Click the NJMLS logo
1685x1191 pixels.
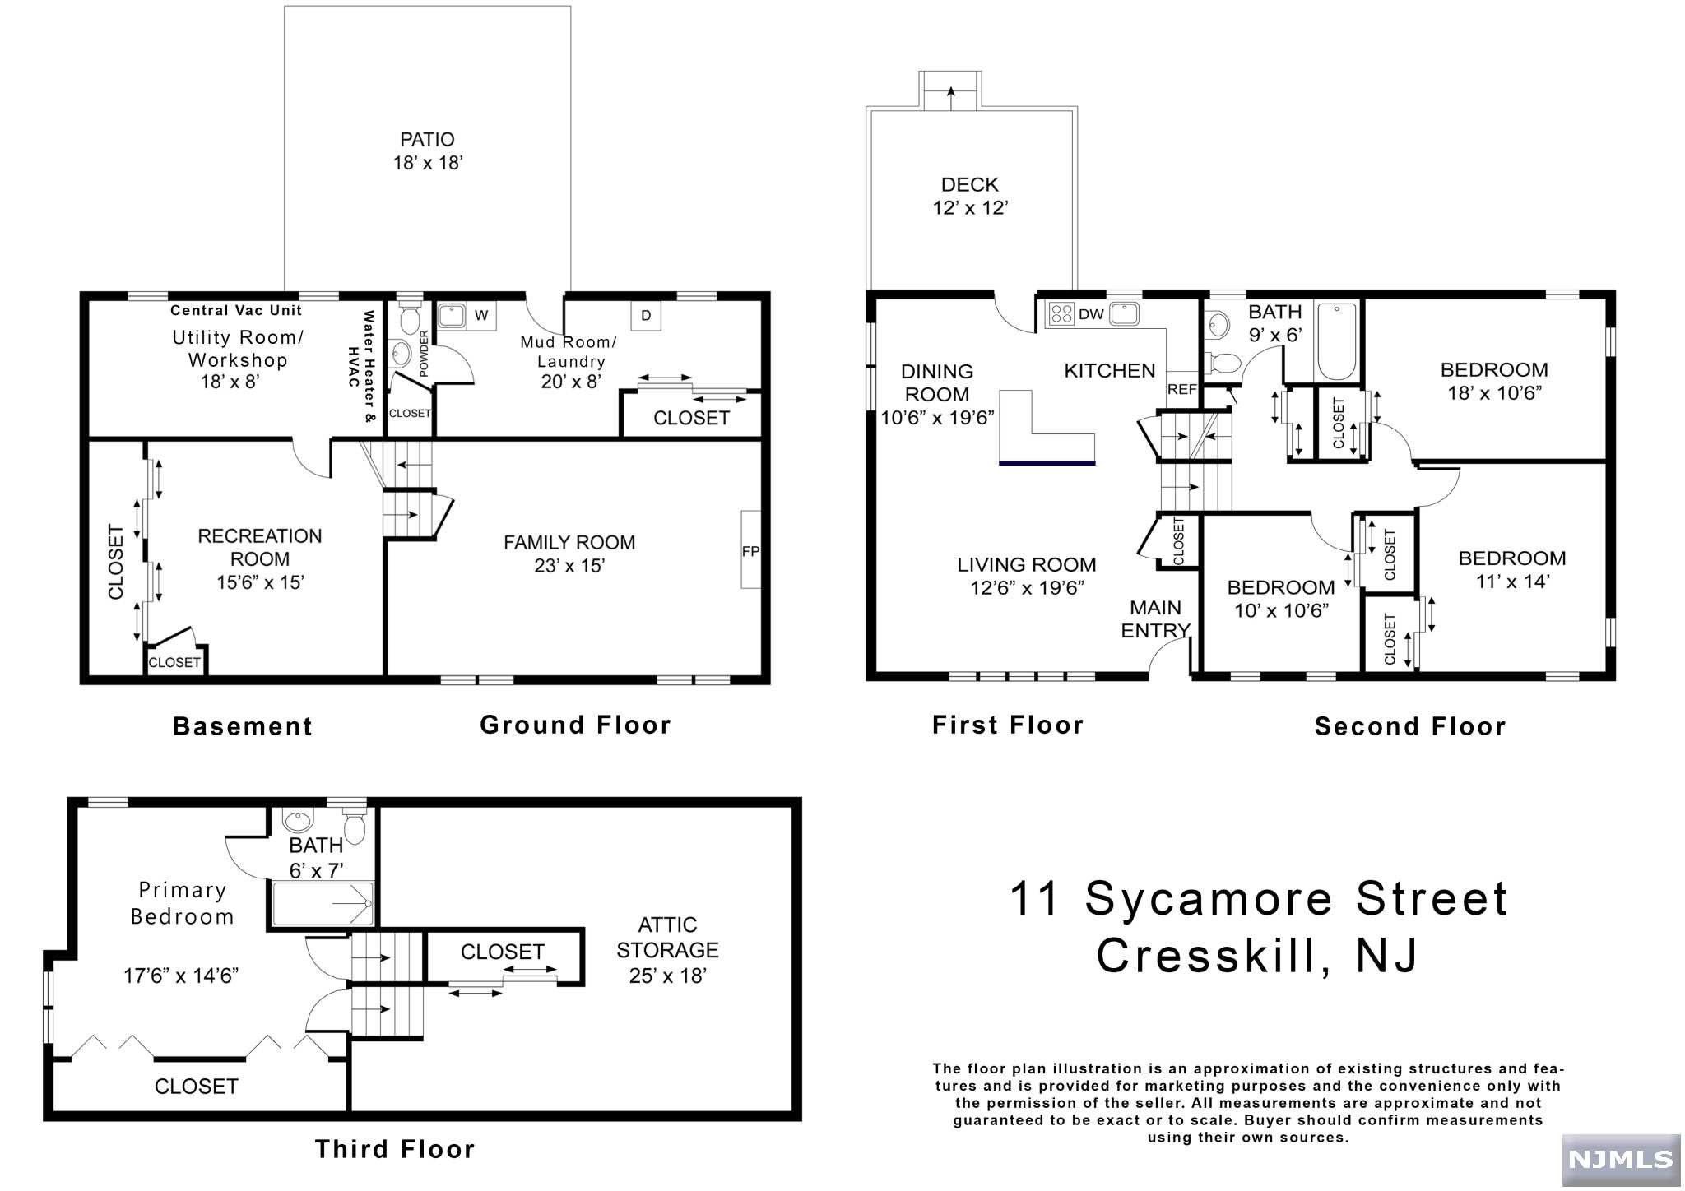coord(1620,1159)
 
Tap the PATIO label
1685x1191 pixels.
coord(427,140)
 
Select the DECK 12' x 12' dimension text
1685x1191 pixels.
coord(970,207)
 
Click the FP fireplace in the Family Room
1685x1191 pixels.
coord(750,549)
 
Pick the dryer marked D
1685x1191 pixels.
coord(647,316)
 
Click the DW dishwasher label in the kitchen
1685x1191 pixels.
coord(1091,314)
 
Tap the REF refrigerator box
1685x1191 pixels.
coord(1182,388)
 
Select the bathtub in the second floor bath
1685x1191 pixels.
coord(1337,341)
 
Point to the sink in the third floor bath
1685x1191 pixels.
coord(298,820)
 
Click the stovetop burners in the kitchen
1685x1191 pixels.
coord(1061,313)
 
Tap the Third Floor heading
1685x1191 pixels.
coord(395,1149)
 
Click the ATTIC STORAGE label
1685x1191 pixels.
coord(667,938)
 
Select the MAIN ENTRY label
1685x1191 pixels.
coord(1156,619)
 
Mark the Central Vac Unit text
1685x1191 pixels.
coord(236,310)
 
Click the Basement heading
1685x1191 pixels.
coord(243,726)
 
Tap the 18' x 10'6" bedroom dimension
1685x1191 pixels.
coord(1494,393)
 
